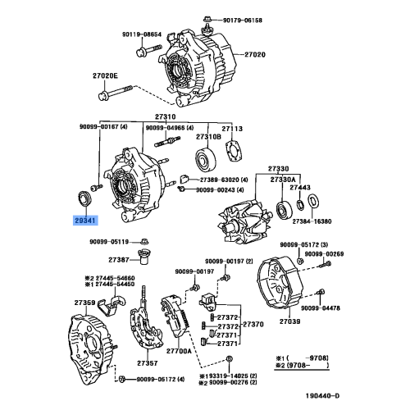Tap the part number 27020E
[x=106, y=75]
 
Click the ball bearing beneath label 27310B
[x=203, y=160]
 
